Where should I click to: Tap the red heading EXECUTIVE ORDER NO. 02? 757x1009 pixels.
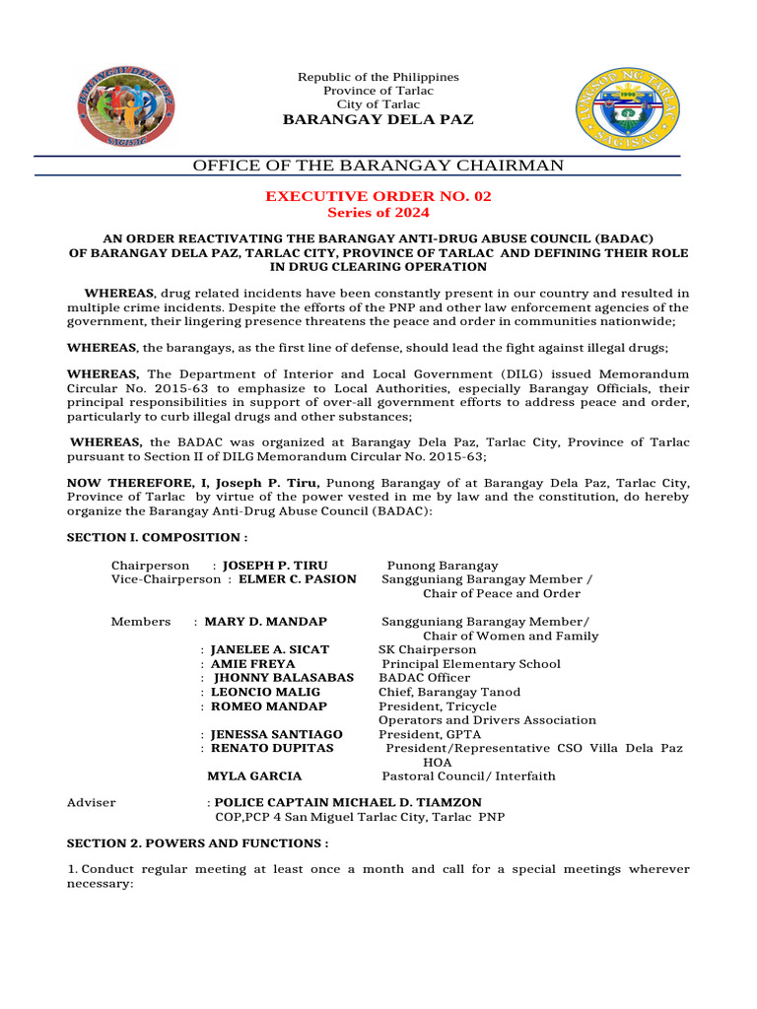pos(378,196)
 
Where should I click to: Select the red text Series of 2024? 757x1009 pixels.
pos(378,212)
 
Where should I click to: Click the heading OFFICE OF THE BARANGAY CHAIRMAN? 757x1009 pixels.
pos(378,166)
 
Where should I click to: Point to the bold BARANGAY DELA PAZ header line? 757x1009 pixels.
pos(378,119)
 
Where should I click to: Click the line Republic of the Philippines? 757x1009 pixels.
pos(378,77)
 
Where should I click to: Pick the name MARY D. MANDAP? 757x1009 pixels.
pos(265,622)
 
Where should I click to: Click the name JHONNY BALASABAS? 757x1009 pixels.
pos(284,678)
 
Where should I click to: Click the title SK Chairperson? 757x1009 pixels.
pos(427,650)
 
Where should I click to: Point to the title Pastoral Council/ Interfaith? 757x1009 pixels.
pos(468,776)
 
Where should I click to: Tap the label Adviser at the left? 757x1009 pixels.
pos(91,802)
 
